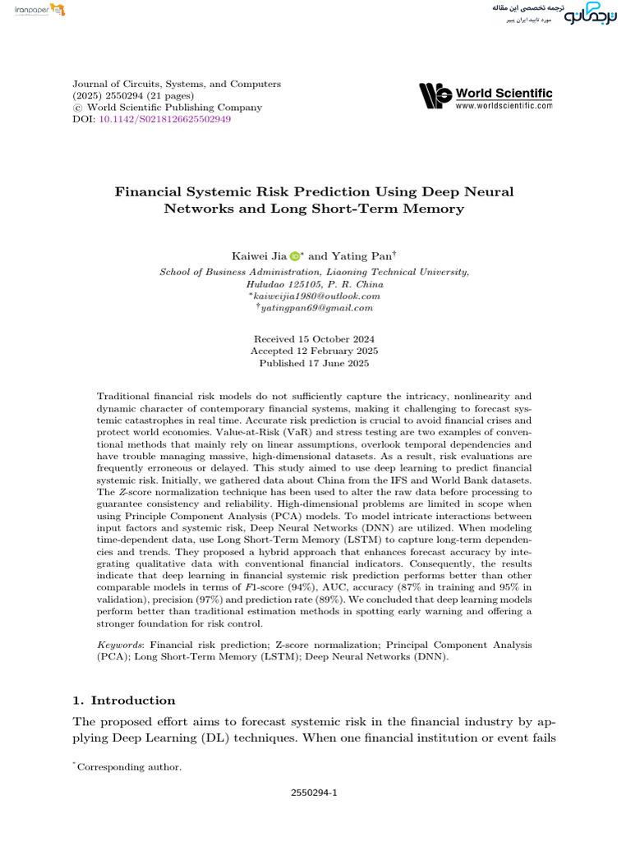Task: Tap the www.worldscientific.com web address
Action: pos(503,106)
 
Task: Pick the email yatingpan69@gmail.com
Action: pos(315,308)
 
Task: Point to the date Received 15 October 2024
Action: pos(314,339)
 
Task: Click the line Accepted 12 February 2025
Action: pos(314,351)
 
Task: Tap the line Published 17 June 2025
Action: pos(314,363)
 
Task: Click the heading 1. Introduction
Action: pos(124,701)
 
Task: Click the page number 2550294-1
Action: pos(314,793)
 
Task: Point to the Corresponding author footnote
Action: pos(128,767)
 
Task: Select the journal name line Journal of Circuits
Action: pos(177,84)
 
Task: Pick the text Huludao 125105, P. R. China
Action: pos(315,283)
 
